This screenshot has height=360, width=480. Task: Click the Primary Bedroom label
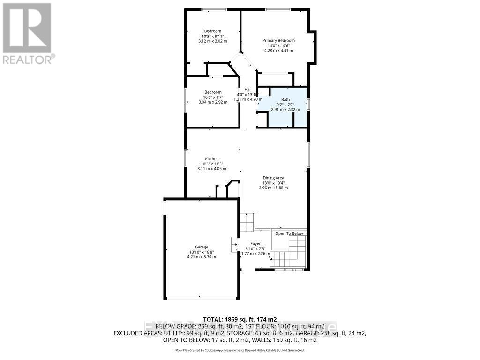pos(278,41)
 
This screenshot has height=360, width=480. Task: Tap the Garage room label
pos(202,247)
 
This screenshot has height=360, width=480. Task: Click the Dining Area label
pos(273,178)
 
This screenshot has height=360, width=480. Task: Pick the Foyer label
pos(255,243)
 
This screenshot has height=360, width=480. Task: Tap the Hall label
pos(247,89)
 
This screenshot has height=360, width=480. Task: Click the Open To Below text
pos(289,233)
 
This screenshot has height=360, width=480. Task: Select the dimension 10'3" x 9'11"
pos(212,36)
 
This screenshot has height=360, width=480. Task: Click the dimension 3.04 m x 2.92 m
pos(212,102)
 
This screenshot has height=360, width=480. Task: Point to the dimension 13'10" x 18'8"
pos(202,252)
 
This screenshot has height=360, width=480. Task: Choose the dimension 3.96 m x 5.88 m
pos(273,187)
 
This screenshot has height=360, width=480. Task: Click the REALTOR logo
pos(28,33)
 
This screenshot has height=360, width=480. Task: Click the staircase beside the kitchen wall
pos(247,221)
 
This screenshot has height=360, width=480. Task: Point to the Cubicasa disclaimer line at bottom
pos(240,350)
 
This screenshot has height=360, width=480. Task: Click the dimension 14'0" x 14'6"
pos(278,46)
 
